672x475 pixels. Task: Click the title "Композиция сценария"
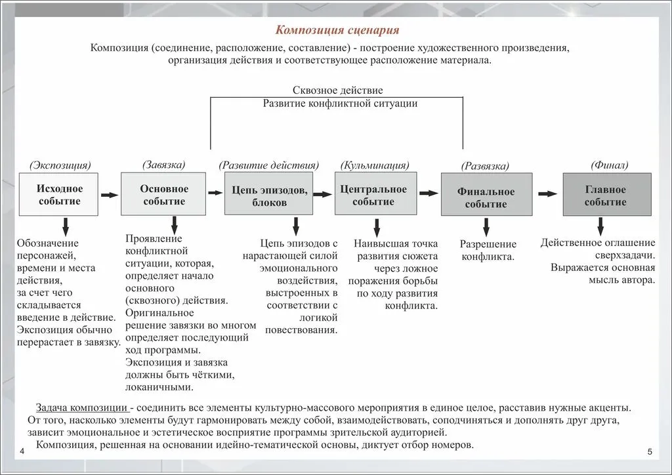[x=336, y=30]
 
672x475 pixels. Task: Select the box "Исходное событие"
[x=59, y=194]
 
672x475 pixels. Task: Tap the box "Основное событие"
[x=163, y=194]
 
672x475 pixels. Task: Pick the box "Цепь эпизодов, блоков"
[x=269, y=195]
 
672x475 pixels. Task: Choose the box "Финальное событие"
[x=486, y=196]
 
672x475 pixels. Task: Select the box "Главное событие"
[x=607, y=194]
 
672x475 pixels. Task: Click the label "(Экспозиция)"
[x=60, y=165]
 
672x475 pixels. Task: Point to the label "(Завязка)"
[x=163, y=164]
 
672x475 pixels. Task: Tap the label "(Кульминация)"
[x=375, y=165]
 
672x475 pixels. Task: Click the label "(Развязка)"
[x=485, y=167]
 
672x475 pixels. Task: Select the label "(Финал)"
[x=608, y=165]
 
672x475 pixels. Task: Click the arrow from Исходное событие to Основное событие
[x=110, y=194]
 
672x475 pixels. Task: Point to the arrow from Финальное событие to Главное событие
[x=547, y=193]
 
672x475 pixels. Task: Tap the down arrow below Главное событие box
[x=600, y=226]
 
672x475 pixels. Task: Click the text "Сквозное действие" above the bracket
[x=338, y=90]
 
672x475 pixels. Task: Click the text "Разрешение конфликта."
[x=488, y=250]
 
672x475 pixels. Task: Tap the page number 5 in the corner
[x=650, y=452]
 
